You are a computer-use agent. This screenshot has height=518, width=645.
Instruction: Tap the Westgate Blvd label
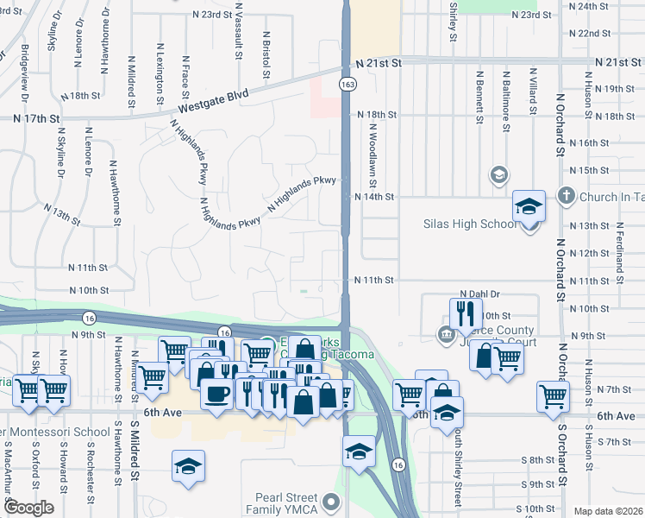tap(214, 101)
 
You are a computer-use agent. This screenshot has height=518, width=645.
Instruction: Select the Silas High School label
tap(469, 224)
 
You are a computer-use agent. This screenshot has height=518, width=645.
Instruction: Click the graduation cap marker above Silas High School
tap(529, 207)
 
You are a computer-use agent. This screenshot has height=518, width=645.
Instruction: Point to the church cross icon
tap(567, 196)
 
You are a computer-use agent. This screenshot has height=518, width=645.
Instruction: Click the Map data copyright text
tap(607, 511)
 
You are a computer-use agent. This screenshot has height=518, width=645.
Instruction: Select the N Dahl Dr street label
tap(480, 294)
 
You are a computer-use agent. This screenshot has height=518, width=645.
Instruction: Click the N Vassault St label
tap(239, 35)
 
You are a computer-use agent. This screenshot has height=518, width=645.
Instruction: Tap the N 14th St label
tap(375, 197)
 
